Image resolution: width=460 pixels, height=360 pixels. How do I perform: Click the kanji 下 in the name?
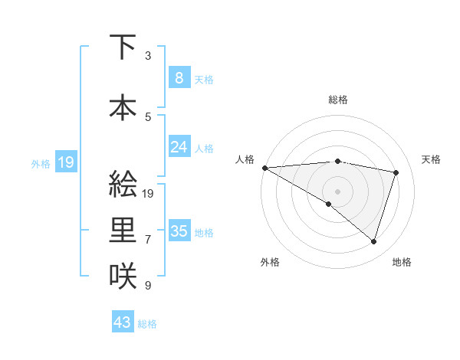point(123,47)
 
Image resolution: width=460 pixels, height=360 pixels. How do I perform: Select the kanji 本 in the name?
point(123,106)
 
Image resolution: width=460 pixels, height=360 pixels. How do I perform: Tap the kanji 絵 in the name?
point(123,185)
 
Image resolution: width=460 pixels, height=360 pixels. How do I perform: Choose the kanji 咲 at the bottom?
point(123,275)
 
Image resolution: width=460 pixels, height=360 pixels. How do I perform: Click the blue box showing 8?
point(179,77)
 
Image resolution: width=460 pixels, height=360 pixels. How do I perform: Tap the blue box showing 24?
point(179,146)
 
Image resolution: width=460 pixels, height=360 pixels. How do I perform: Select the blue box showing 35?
point(179,231)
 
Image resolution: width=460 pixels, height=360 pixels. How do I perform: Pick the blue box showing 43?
point(122,322)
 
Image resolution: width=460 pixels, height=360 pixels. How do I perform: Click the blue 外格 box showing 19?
point(65,162)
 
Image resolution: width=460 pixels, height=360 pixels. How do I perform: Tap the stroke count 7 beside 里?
point(148,240)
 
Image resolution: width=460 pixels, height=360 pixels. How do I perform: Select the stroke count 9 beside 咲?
point(148,286)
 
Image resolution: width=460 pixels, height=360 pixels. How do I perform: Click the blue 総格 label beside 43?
point(147,324)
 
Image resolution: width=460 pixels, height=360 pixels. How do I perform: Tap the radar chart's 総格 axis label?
point(337,100)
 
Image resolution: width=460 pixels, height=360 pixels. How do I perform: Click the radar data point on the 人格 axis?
point(264,167)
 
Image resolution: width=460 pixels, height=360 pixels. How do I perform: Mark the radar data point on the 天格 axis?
point(396,172)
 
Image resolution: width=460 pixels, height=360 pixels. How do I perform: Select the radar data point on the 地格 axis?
point(373,241)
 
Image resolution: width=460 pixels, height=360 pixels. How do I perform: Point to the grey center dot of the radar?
point(337,191)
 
